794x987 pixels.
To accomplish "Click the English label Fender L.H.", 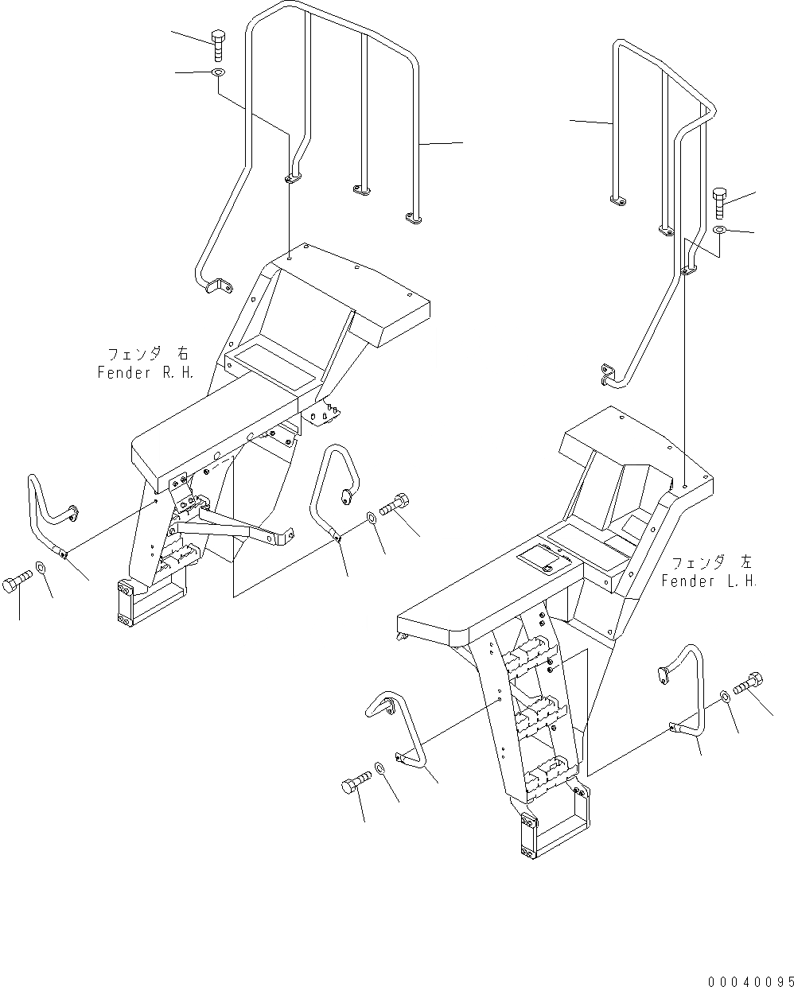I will click(x=709, y=581).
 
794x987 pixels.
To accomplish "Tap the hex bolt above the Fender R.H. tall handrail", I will click(x=220, y=44).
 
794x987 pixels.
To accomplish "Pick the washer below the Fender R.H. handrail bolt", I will click(x=217, y=74).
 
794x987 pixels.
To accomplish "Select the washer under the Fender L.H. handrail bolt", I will click(x=719, y=230).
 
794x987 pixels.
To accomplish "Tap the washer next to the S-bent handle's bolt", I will click(x=41, y=570).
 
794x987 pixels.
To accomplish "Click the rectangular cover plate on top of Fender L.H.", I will click(x=545, y=561).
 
